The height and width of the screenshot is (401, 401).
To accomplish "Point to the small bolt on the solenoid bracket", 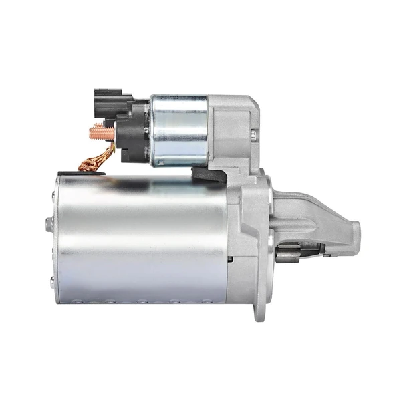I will tap(254, 135).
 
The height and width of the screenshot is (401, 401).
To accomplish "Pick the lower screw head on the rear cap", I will tap(52, 279).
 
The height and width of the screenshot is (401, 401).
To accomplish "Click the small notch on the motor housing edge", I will tap(229, 257).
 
